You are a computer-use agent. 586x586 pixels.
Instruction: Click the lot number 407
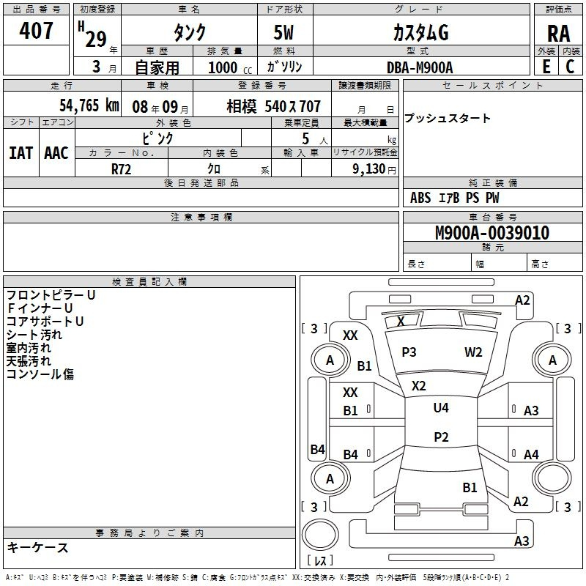(x=36, y=31)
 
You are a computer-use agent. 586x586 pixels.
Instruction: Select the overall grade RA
(x=558, y=34)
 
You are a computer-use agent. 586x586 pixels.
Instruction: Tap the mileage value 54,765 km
(x=89, y=105)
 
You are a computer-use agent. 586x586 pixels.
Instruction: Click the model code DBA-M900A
(x=420, y=67)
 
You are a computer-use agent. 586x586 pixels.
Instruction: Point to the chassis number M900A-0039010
(x=492, y=232)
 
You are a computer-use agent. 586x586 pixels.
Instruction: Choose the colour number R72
(x=121, y=169)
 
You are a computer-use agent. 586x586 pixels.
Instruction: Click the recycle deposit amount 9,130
(x=368, y=169)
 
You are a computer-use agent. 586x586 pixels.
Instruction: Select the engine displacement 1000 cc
(x=230, y=67)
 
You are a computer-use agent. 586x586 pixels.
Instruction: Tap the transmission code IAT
(x=21, y=153)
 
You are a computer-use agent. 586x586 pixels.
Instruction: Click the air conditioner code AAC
(x=56, y=153)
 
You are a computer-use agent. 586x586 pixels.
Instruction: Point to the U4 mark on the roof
(x=441, y=407)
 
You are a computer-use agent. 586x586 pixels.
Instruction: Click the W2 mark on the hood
(x=473, y=352)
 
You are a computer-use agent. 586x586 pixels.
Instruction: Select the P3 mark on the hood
(x=409, y=352)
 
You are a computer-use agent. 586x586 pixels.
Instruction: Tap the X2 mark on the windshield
(x=418, y=386)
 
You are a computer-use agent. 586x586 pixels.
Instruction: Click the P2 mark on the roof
(x=441, y=437)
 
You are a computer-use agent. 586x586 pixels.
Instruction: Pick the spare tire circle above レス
(x=320, y=534)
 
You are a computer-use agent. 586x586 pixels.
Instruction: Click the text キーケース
(x=38, y=547)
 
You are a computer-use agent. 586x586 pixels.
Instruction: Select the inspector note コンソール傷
(x=40, y=374)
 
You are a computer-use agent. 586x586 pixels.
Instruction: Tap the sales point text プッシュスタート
(x=447, y=118)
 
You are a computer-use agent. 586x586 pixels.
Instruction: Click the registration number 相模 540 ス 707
(x=273, y=106)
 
